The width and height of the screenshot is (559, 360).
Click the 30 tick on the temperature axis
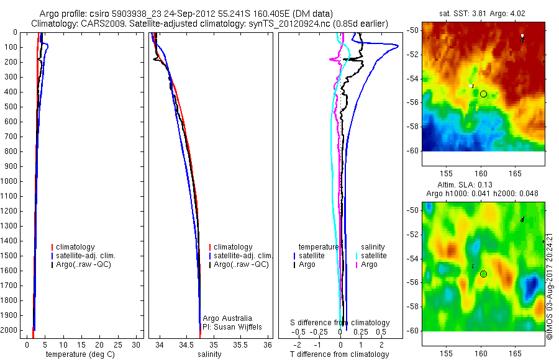pos(138,344)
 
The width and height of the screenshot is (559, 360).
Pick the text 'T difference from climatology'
pos(339,354)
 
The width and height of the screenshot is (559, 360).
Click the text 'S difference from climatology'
pos(340,323)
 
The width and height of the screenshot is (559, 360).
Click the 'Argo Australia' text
pos(227,318)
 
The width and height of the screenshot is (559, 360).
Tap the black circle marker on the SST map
pos(483,94)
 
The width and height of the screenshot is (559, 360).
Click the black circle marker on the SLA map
pos(483,274)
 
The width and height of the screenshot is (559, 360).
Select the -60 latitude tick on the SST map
pos(413,150)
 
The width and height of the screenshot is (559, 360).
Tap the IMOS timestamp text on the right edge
pos(550,286)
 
